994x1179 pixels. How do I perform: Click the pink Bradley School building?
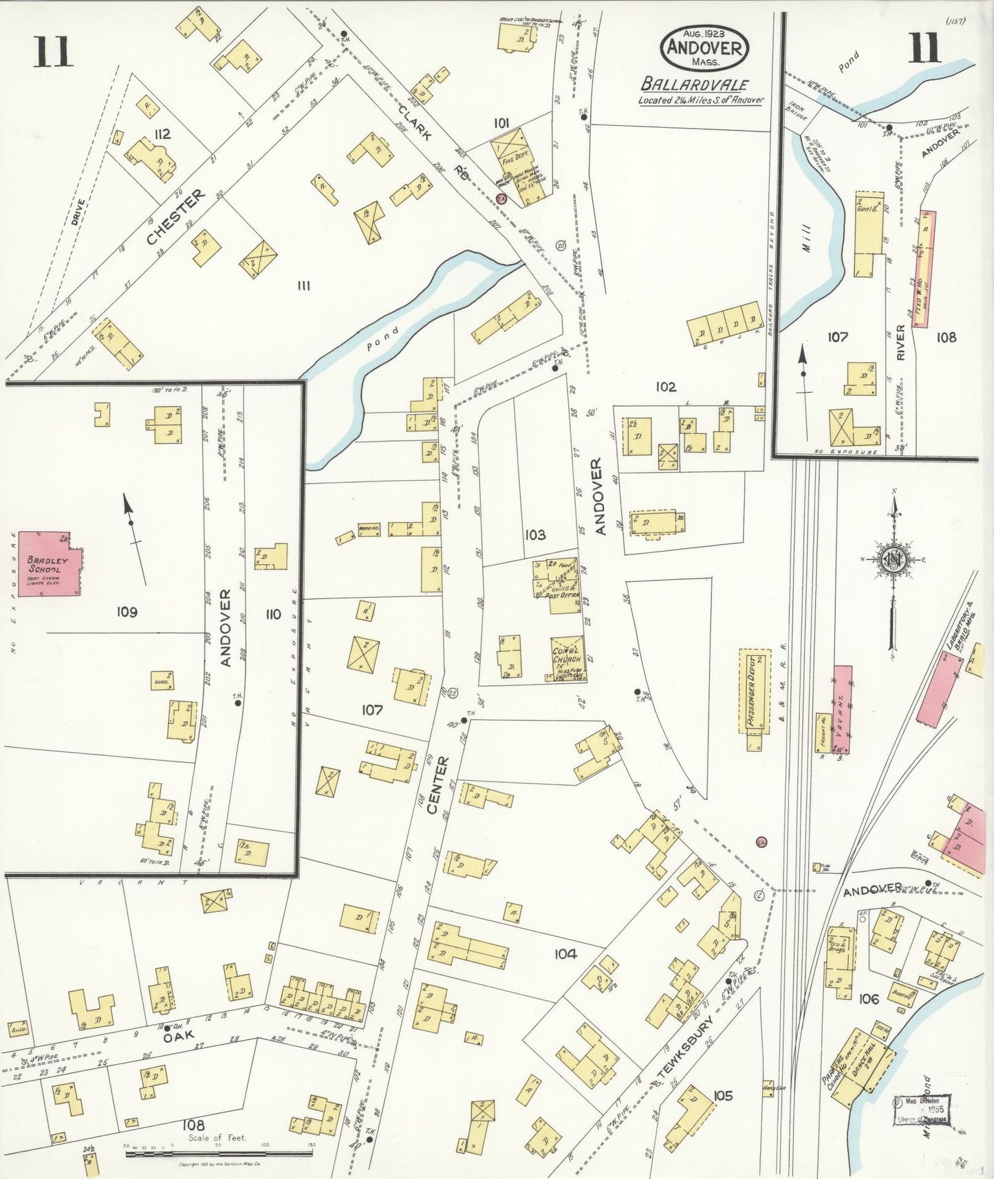pos(47,563)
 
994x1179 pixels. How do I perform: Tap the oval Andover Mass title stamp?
pos(704,48)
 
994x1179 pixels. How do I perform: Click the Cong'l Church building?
pos(568,658)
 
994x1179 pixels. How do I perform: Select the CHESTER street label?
pos(176,217)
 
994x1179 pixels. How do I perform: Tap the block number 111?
pos(303,285)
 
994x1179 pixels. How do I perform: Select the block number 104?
pos(565,953)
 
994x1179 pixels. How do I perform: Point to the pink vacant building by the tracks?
pos(842,709)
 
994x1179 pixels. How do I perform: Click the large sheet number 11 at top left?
pos(52,52)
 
